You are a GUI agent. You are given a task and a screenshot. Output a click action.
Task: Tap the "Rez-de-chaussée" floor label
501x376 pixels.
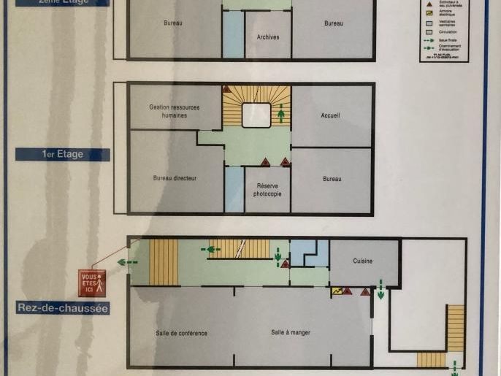click(x=63, y=308)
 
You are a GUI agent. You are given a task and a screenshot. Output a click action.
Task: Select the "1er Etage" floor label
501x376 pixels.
click(x=63, y=154)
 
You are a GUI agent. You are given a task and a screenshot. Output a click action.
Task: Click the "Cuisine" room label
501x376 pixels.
click(x=363, y=261)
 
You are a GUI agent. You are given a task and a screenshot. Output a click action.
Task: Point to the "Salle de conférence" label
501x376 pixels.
click(x=181, y=333)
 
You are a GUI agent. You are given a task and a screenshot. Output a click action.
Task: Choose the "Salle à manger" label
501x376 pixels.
click(x=291, y=332)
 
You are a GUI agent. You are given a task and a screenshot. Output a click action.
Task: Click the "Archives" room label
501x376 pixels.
click(x=268, y=37)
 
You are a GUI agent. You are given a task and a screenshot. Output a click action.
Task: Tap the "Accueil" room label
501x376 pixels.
click(x=330, y=115)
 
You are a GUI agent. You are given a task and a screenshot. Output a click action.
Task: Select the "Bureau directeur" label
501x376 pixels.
click(x=175, y=178)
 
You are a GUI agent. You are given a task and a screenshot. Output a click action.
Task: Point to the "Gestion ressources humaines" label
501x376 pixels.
click(x=174, y=111)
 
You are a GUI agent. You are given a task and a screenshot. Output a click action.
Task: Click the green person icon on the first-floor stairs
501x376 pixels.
click(x=282, y=114)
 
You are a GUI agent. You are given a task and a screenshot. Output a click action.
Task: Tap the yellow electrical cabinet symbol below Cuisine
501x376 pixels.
click(x=337, y=291)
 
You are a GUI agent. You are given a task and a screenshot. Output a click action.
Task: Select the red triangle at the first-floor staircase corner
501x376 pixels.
click(x=226, y=89)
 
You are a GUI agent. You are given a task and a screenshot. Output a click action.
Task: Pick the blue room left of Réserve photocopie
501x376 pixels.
click(x=234, y=189)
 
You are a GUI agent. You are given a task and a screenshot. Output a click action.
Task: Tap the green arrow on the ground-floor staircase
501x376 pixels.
click(x=212, y=249)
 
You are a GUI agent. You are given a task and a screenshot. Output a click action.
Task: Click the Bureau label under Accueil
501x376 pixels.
click(x=332, y=179)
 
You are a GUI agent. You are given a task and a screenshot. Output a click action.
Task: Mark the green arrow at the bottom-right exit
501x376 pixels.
click(x=454, y=366)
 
